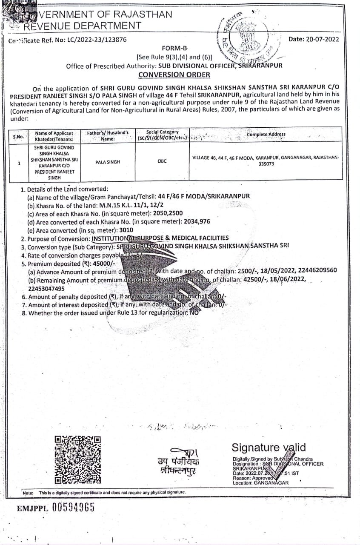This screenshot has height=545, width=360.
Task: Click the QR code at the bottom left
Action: (x=78, y=459)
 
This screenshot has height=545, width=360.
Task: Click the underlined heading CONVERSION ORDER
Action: (x=174, y=75)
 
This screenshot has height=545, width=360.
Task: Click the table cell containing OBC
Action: (x=162, y=161)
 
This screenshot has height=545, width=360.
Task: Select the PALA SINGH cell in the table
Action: (x=108, y=162)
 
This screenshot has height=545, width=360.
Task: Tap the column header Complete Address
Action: (x=266, y=135)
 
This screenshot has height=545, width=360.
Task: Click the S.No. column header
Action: (x=18, y=137)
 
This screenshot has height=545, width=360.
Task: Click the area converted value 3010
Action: (x=127, y=230)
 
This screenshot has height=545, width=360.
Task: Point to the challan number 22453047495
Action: (x=46, y=288)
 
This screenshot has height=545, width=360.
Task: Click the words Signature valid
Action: (x=269, y=447)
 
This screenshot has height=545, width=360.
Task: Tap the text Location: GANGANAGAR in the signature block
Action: (x=260, y=483)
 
